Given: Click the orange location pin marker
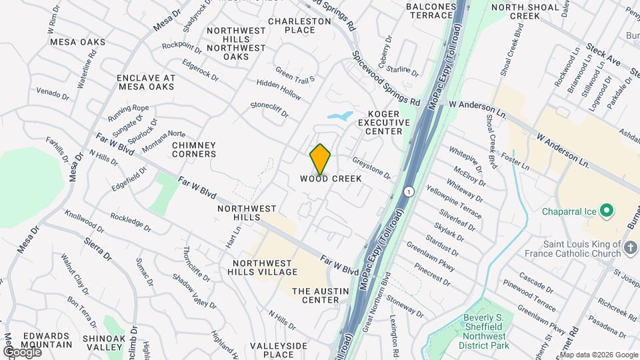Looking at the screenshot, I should click(321, 159).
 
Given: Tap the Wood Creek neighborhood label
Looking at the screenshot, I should click(330, 179).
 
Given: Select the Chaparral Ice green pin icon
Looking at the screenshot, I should click(606, 211).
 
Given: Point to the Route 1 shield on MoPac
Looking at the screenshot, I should click(408, 191).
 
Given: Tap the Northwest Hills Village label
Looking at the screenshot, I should click(265, 267).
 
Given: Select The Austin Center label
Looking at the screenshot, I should click(316, 295).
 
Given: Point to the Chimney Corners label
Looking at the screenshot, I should click(194, 150).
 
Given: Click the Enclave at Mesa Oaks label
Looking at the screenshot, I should click(146, 82).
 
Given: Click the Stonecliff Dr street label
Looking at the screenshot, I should click(269, 109).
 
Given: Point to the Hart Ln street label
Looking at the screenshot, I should click(232, 237).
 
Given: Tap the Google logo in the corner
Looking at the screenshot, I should click(22, 351).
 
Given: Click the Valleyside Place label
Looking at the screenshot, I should click(279, 350).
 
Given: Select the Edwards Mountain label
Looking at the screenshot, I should click(47, 340).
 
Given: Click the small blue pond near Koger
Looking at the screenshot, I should click(339, 117).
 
